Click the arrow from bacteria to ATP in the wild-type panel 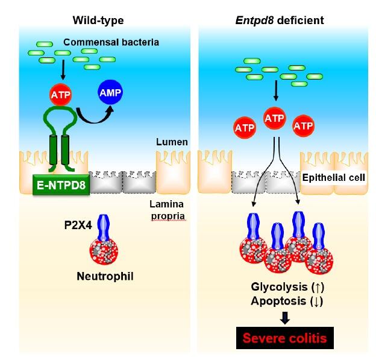[x=63, y=71]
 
